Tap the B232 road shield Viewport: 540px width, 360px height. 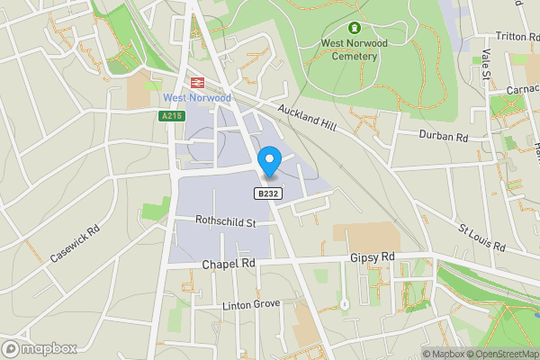(265, 193)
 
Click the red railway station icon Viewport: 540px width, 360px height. (197, 81)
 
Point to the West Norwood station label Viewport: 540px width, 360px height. (197, 97)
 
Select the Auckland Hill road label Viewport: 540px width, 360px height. (306, 119)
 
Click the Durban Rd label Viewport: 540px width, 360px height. (445, 137)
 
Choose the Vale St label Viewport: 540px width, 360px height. (485, 65)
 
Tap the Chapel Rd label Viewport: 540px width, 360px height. (229, 264)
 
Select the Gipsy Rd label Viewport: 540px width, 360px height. (373, 257)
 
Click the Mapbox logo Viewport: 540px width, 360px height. (40, 348)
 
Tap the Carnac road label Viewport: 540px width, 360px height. (521, 91)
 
